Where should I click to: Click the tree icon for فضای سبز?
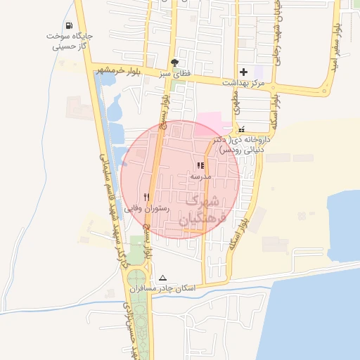pos(174,63)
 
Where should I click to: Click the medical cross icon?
pos(243,72)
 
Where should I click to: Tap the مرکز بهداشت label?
pos(243,84)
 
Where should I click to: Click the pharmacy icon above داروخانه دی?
pos(242,129)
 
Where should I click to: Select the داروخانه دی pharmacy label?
pos(244,145)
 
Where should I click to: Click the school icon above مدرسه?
pos(201,166)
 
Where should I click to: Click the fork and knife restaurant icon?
pos(146,198)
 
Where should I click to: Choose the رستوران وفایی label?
pos(143,209)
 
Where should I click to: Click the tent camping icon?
pos(163,278)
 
